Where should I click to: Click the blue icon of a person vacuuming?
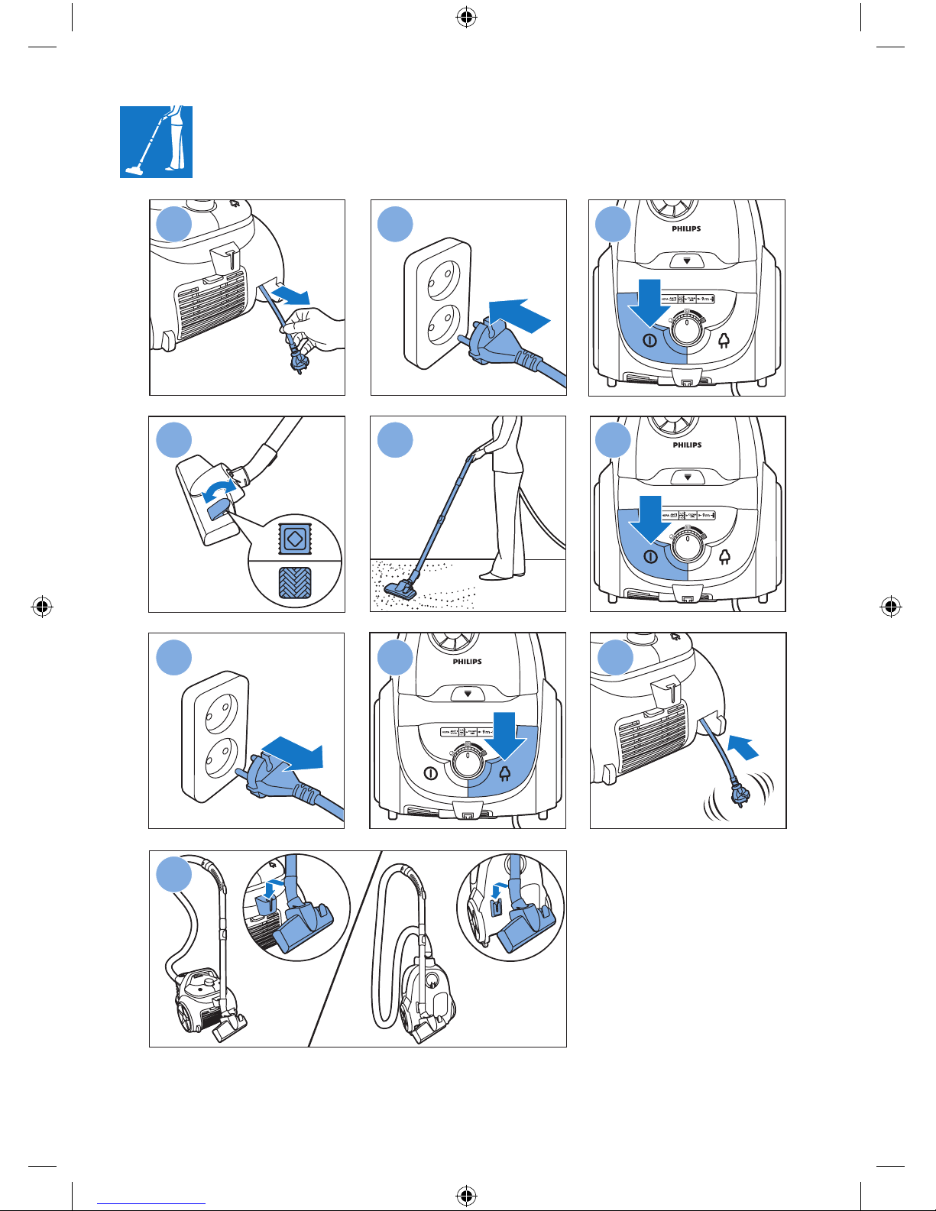pos(156,142)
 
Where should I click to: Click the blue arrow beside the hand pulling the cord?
pos(290,294)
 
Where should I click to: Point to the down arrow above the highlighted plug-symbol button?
pos(505,733)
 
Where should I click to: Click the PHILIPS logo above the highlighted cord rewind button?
pos(467,662)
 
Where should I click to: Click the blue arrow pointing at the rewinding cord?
pos(743,746)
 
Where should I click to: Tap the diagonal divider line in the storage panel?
pos(345,947)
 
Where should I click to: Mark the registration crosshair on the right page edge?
pos(890,608)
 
